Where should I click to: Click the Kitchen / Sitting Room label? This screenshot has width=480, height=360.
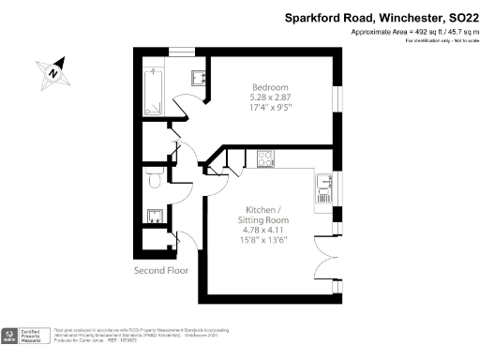point(265,214)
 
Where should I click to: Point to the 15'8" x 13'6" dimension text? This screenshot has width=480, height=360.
point(265,238)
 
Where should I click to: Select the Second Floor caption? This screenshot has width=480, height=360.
point(162,270)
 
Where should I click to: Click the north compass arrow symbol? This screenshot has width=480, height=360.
point(54,69)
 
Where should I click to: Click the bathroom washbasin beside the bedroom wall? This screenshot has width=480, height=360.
point(199,77)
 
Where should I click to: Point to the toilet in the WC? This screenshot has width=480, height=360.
point(154,179)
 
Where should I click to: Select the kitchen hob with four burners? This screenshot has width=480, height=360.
point(264,158)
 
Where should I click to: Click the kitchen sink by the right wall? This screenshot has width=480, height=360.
point(323,187)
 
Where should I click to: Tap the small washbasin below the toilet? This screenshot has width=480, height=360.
point(152,216)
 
